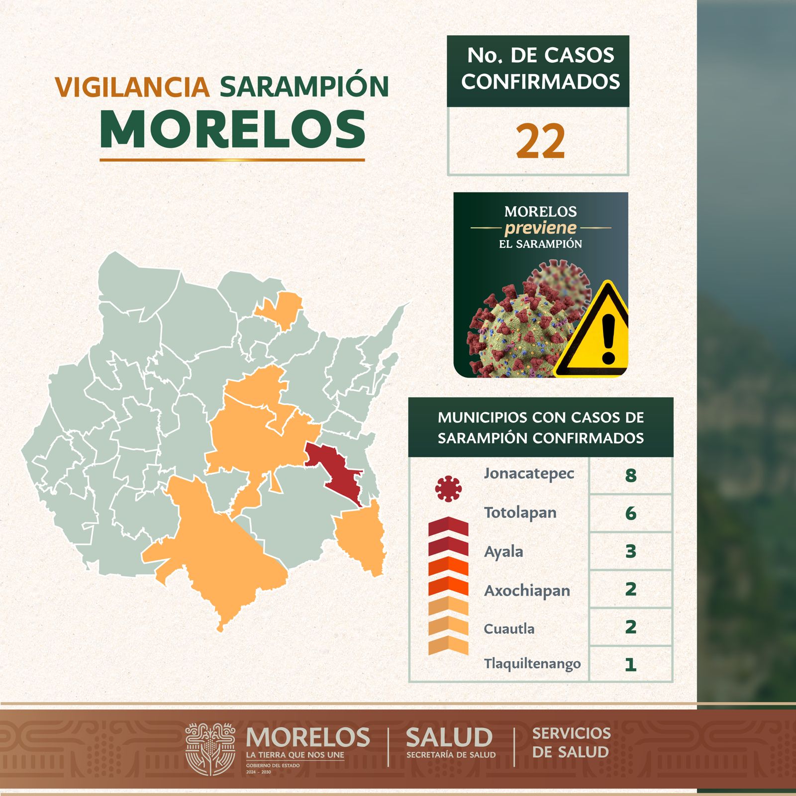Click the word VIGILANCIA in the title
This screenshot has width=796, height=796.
pos(132,87)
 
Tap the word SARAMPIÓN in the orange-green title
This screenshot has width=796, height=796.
pos(304,87)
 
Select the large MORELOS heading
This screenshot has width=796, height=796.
pos(233,129)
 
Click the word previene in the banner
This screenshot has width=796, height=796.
pos(541,228)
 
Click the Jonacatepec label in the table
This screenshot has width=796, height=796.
pos(529,474)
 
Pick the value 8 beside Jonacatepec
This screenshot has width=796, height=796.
pos(630,476)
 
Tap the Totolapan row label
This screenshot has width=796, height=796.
pos(520,513)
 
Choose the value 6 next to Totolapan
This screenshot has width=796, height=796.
pos(630,513)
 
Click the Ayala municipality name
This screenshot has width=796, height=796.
pos(503,552)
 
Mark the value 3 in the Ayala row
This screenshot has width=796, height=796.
pos(630,551)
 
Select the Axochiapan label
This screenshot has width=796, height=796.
pos(527,591)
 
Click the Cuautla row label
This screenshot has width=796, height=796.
pos(509,629)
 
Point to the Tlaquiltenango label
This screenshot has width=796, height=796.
pos(532,664)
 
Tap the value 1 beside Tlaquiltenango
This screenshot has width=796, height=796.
pos(630,664)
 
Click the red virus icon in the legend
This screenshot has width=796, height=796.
pos(448,489)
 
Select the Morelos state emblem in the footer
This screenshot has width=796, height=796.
pos(210,749)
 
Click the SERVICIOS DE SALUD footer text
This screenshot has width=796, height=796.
pos(571,742)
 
